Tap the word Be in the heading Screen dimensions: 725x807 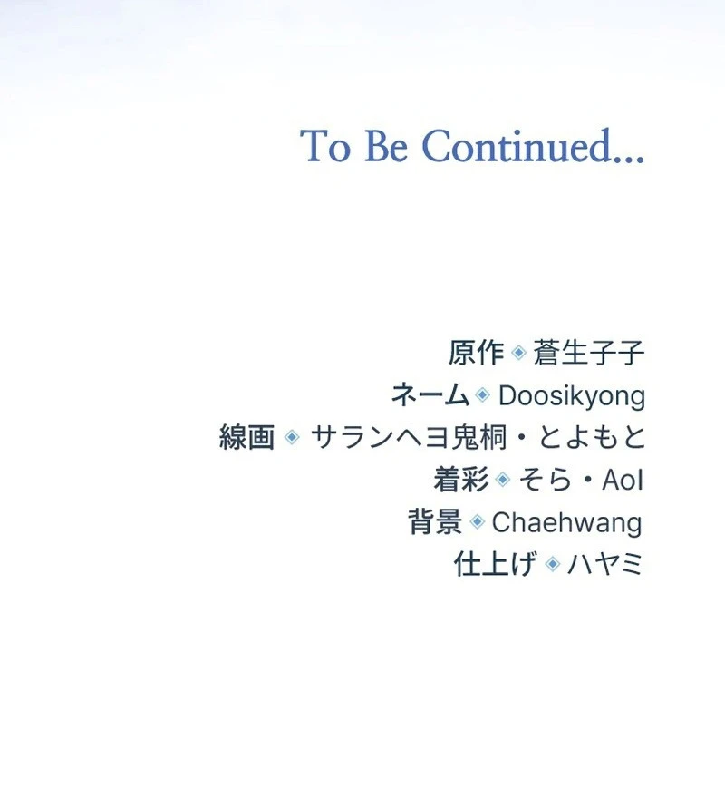[386, 146]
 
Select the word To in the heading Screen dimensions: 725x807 [325, 146]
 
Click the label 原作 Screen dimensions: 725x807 [476, 353]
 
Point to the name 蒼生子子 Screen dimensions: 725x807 [589, 353]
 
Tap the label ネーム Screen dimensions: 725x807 [430, 395]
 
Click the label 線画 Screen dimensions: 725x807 [246, 437]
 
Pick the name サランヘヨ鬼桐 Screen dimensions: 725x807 [411, 437]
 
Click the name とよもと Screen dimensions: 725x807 [592, 437]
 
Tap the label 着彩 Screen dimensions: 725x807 [461, 480]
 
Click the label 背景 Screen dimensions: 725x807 [435, 522]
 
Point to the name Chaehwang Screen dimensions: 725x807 [567, 523]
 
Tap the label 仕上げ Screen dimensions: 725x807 [496, 564]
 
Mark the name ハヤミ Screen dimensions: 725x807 [605, 564]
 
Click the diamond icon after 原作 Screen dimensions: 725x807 [518, 353]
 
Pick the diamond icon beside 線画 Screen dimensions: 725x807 [292, 437]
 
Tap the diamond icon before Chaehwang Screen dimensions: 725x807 [478, 521]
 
